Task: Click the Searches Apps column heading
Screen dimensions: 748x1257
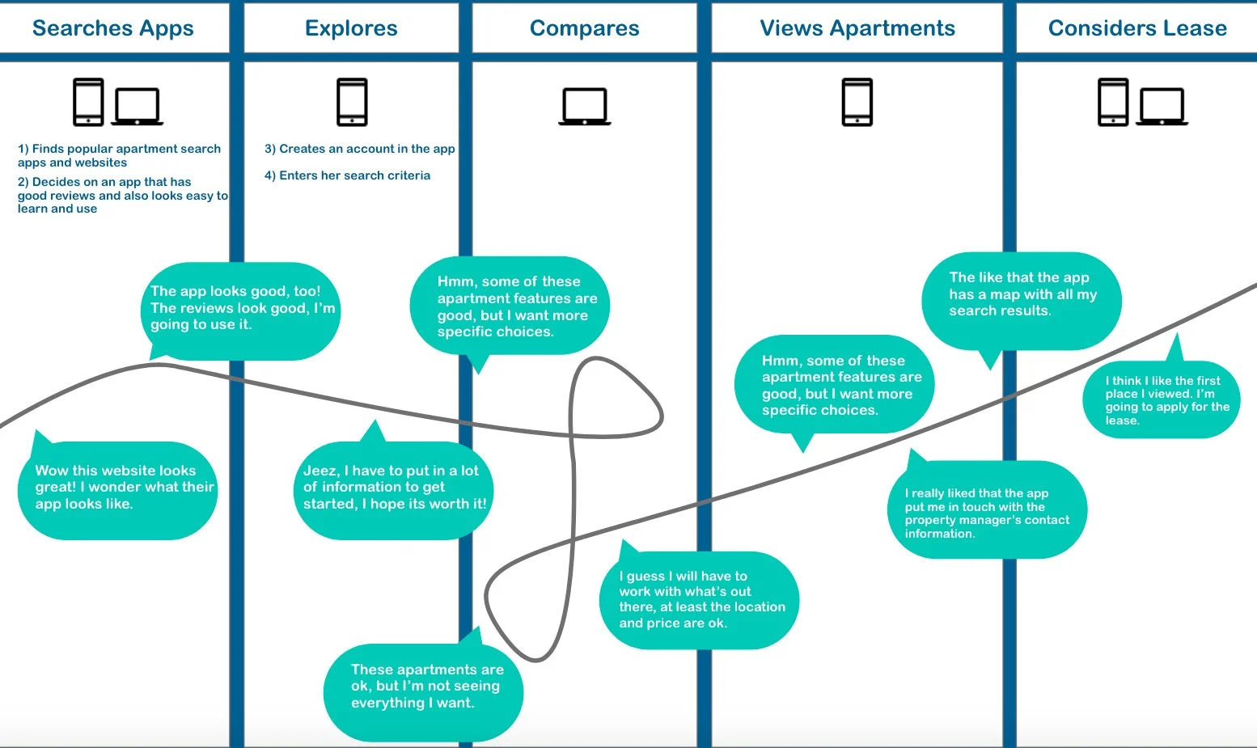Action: (x=113, y=28)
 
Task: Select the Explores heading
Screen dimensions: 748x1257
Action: (x=351, y=28)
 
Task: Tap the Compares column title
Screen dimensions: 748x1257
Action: (x=584, y=28)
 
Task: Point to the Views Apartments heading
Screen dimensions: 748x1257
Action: (x=857, y=28)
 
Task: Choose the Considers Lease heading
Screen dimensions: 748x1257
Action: (x=1137, y=28)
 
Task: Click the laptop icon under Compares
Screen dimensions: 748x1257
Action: (x=584, y=106)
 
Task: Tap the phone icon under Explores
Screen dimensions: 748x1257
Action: (x=352, y=102)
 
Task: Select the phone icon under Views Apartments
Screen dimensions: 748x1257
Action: (x=857, y=102)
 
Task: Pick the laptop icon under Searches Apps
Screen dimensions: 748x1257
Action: (x=138, y=106)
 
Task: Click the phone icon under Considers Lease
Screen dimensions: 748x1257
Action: (x=1113, y=102)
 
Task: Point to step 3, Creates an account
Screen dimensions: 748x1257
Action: (x=359, y=149)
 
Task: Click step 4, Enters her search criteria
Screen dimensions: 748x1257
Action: (x=347, y=175)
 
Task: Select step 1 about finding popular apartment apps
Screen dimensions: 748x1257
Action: (x=119, y=155)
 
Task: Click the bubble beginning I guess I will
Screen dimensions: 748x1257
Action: (x=699, y=600)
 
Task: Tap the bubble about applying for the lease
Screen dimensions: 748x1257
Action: (x=1162, y=400)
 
